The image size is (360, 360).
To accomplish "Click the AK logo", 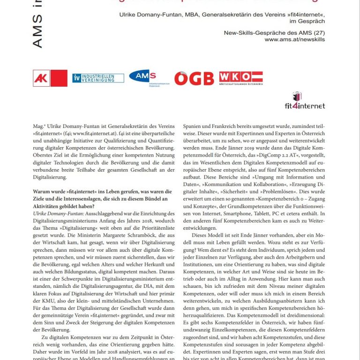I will tap(50, 78).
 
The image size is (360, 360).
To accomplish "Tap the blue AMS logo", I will tap(142, 77).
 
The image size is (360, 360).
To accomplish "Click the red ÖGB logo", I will tap(194, 78).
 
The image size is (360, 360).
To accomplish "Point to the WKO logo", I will tap(240, 78).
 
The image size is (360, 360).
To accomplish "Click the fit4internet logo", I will tap(305, 101).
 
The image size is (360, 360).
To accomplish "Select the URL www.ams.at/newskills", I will tap(294, 39).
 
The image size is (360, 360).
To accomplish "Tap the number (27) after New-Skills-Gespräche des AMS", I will tap(316, 32).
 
